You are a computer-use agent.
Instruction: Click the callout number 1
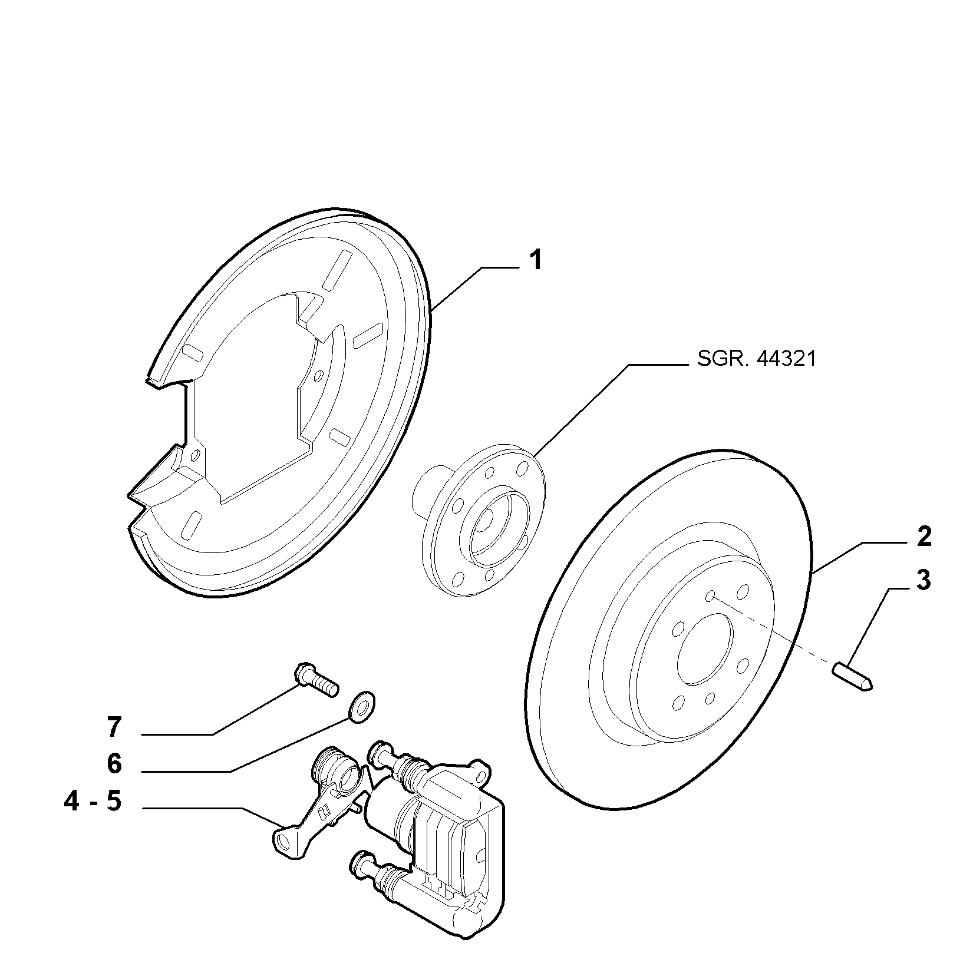pyautogui.click(x=535, y=260)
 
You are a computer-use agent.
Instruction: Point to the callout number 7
pyautogui.click(x=114, y=727)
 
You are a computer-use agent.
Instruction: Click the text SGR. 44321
pyautogui.click(x=757, y=359)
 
